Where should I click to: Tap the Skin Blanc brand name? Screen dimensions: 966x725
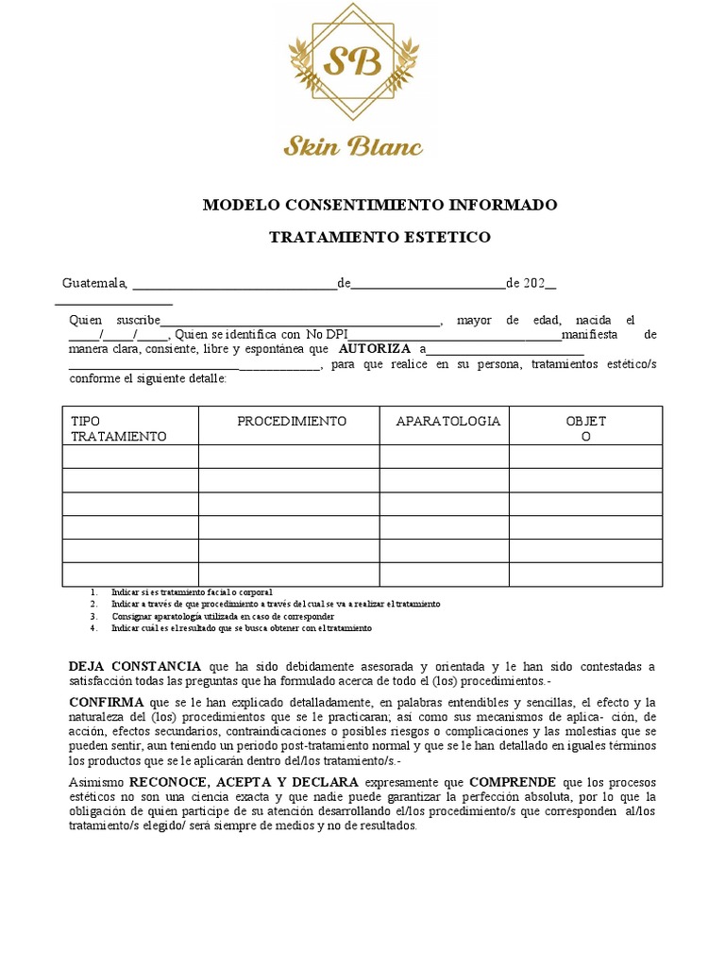click(x=353, y=145)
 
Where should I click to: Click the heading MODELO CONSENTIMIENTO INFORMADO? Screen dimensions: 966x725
click(x=380, y=205)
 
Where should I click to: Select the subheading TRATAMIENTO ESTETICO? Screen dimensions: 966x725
click(x=380, y=237)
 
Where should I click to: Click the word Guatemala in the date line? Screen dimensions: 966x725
click(x=94, y=282)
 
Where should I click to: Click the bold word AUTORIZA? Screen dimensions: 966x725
click(x=375, y=348)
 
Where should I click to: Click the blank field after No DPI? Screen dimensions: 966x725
click(x=453, y=335)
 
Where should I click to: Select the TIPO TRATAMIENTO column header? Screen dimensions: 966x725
click(x=118, y=428)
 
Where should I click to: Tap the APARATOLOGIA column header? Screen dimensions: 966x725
click(x=447, y=421)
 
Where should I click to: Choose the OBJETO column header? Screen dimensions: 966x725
click(x=585, y=428)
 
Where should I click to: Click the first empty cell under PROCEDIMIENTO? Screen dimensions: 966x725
click(x=289, y=457)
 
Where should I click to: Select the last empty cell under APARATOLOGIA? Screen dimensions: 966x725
click(x=445, y=574)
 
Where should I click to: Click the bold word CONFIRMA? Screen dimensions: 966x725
click(x=107, y=702)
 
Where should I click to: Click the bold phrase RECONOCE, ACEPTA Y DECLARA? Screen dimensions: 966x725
click(x=244, y=782)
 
